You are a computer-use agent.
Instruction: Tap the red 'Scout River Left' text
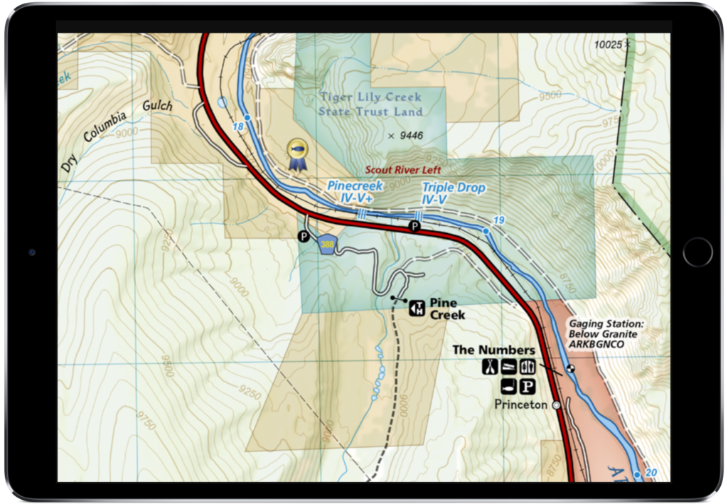(403, 171)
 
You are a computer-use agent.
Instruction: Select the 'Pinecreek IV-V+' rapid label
(355, 191)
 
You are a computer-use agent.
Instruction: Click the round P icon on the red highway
(414, 226)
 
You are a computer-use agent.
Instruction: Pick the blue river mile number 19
(498, 221)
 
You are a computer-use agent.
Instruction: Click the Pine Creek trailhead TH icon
(417, 308)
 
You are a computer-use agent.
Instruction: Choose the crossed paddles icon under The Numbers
(490, 367)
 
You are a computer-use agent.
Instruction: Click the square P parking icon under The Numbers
(527, 387)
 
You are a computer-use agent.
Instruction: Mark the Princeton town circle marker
(556, 404)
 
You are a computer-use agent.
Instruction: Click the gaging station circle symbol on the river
(569, 368)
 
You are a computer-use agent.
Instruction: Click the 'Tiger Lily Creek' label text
(370, 97)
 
